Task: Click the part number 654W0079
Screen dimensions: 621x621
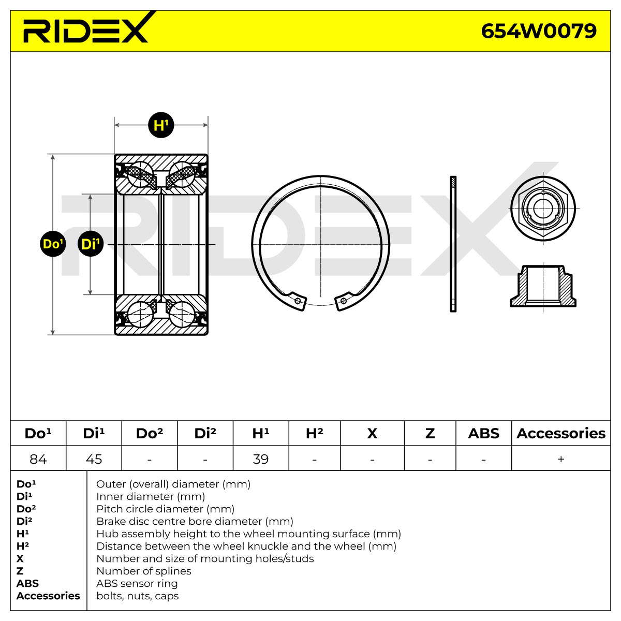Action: [x=539, y=31]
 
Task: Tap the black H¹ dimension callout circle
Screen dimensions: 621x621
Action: [x=161, y=125]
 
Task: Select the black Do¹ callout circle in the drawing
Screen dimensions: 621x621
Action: [x=53, y=244]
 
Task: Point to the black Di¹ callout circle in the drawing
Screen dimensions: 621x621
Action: [x=91, y=244]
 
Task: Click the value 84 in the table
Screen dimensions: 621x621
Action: [x=38, y=459]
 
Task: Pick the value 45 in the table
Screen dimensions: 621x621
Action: [x=94, y=459]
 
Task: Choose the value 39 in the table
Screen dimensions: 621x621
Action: [x=260, y=459]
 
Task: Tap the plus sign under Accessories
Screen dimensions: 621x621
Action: [x=561, y=459]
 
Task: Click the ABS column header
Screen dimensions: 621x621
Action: [x=483, y=434]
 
